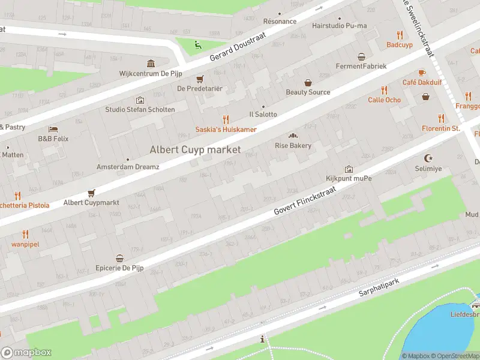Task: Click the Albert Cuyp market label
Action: pos(195,149)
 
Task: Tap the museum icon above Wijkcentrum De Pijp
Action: pos(151,64)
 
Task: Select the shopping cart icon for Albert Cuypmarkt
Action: pos(91,193)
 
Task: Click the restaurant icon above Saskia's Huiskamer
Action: pos(226,119)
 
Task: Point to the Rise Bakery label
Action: pos(293,145)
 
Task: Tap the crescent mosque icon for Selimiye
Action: pos(428,158)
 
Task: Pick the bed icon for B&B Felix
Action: pos(53,129)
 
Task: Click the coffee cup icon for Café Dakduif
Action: pos(422,72)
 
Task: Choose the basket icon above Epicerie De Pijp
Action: pos(119,258)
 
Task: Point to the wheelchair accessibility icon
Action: pos(197,44)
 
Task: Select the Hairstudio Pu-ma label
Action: pos(339,26)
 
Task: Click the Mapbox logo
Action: pos(26,353)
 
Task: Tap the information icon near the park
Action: pos(262,340)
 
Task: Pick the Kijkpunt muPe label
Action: pos(349,179)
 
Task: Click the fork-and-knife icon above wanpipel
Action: pos(25,234)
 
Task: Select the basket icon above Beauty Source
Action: pos(308,83)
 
